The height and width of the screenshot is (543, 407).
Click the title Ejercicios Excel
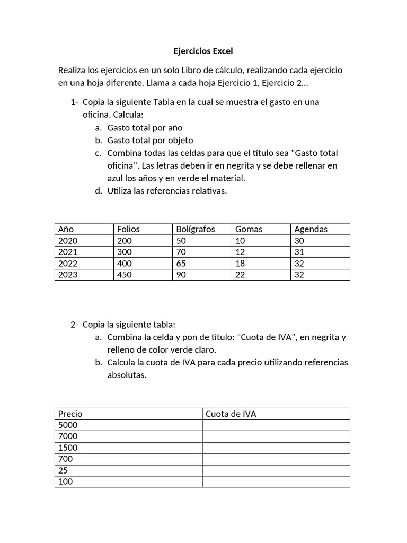pyautogui.click(x=203, y=51)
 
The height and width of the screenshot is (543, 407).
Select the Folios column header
pyautogui.click(x=128, y=229)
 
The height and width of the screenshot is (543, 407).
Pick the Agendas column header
pyautogui.click(x=311, y=229)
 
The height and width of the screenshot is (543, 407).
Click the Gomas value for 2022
pyautogui.click(x=241, y=263)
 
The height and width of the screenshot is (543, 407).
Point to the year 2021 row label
pyautogui.click(x=68, y=252)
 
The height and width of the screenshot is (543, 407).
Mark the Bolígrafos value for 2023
pyautogui.click(x=181, y=275)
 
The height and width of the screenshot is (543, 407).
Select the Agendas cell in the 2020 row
pyautogui.click(x=299, y=241)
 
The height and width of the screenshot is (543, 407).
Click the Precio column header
pyautogui.click(x=70, y=414)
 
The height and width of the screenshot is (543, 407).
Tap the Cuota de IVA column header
pyautogui.click(x=231, y=414)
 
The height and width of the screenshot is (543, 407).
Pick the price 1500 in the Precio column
pyautogui.click(x=68, y=448)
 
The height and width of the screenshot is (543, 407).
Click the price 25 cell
pyautogui.click(x=63, y=470)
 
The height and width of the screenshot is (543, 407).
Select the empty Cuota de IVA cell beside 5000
pyautogui.click(x=276, y=425)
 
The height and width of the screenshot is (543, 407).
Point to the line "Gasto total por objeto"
pyautogui.click(x=150, y=141)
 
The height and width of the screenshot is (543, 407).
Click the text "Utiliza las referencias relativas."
pyautogui.click(x=167, y=191)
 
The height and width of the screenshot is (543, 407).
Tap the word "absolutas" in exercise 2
pyautogui.click(x=126, y=375)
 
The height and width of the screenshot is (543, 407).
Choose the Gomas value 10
pyautogui.click(x=240, y=241)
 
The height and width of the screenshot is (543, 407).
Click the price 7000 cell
pyautogui.click(x=68, y=436)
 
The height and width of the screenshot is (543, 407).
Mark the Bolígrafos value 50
pyautogui.click(x=181, y=241)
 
